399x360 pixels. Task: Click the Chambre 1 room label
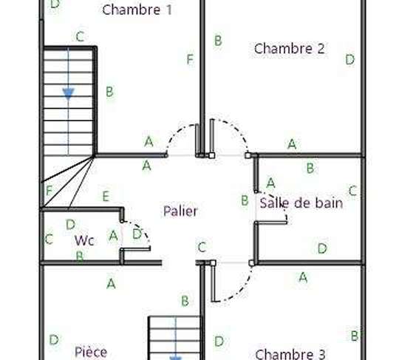(x=137, y=10)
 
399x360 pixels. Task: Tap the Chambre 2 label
(x=290, y=48)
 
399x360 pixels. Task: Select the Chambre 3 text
(x=290, y=354)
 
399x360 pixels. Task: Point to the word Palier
(x=180, y=211)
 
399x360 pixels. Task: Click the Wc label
(x=84, y=240)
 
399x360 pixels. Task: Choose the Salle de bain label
(x=301, y=203)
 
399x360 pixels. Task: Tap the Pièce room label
(x=91, y=352)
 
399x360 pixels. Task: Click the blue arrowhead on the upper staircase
(x=68, y=94)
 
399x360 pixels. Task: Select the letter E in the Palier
(x=106, y=197)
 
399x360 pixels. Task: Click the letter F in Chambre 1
(x=190, y=59)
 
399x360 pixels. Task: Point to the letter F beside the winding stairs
(x=49, y=191)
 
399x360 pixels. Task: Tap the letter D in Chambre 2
(x=350, y=60)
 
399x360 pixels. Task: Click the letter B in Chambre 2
(x=218, y=41)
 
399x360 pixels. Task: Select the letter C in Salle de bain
(x=352, y=191)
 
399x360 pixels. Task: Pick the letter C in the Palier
(x=202, y=247)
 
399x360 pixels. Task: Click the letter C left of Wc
(x=49, y=239)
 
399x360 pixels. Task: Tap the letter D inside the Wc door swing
(x=137, y=234)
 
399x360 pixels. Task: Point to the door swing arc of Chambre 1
(x=176, y=133)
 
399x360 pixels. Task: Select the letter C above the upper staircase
(x=80, y=37)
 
